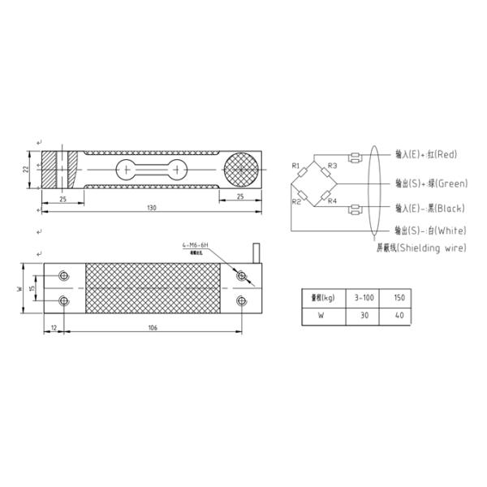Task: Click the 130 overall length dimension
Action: click(x=151, y=209)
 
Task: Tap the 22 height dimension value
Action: click(x=26, y=170)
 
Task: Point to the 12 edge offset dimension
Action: click(x=54, y=328)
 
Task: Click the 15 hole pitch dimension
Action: click(x=32, y=289)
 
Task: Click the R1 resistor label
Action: click(x=296, y=166)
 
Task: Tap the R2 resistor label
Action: click(x=296, y=200)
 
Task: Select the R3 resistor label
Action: click(x=332, y=166)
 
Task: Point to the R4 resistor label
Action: click(x=332, y=200)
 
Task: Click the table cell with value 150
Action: click(x=398, y=297)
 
